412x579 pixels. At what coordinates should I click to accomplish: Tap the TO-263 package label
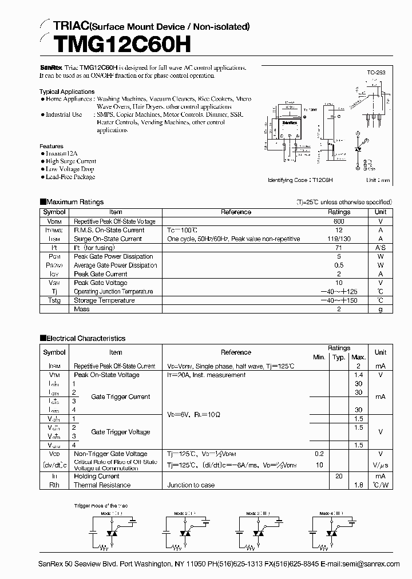[x=375, y=73]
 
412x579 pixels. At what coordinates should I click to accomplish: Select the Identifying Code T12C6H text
[x=300, y=180]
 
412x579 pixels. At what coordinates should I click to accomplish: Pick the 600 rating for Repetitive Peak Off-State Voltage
[x=339, y=221]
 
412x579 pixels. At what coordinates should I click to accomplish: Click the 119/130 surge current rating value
[x=339, y=239]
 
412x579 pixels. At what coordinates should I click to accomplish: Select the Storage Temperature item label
[x=104, y=300]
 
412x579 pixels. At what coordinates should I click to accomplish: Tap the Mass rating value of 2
[x=339, y=309]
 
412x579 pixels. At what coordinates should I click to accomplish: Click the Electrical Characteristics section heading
[x=85, y=338]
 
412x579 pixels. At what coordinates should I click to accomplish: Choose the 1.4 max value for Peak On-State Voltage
[x=358, y=375]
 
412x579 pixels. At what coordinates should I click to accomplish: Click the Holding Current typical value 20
[x=339, y=476]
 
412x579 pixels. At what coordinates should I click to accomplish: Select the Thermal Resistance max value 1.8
[x=358, y=485]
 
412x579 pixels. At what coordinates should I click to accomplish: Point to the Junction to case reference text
[x=191, y=485]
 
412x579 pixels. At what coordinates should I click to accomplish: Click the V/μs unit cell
[x=380, y=465]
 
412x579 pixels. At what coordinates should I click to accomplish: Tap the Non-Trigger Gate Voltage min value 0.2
[x=319, y=454]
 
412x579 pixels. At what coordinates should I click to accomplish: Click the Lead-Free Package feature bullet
[x=70, y=177]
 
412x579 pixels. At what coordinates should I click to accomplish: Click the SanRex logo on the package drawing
[x=289, y=123]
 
